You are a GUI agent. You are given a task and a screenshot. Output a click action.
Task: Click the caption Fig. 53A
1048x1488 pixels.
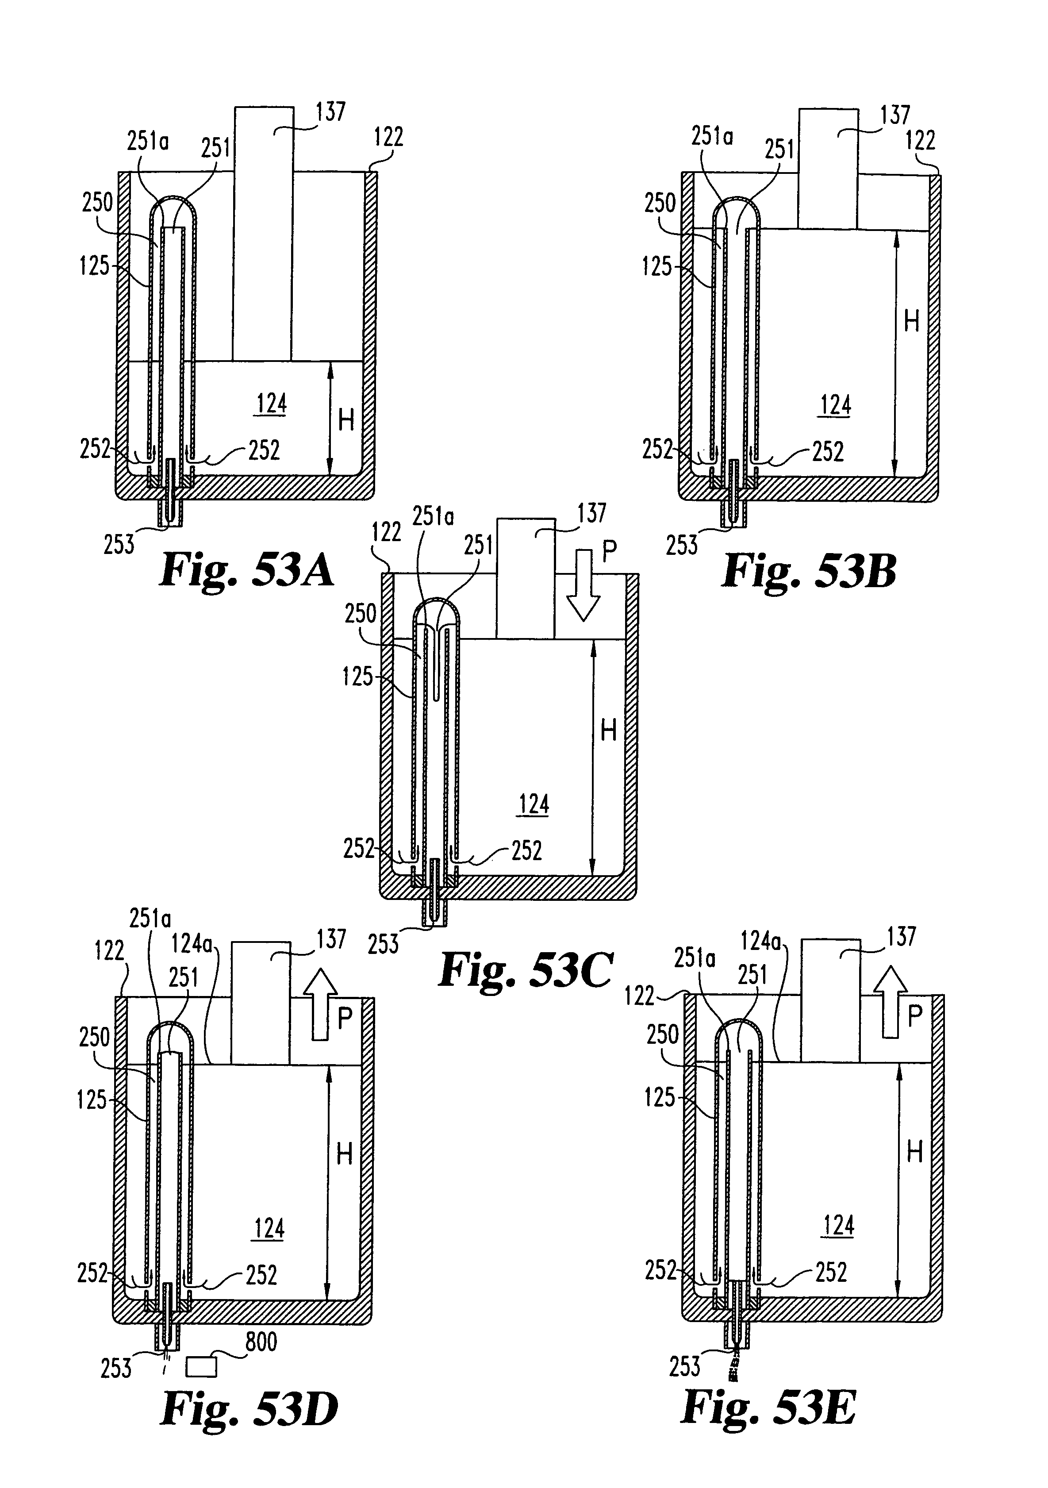click(x=246, y=571)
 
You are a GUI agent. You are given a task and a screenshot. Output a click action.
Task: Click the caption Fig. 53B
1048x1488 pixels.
click(x=809, y=572)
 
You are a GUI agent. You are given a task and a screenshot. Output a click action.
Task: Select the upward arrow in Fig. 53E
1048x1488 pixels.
click(x=891, y=1002)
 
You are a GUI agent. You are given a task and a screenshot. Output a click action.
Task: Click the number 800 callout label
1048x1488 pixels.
click(x=261, y=1342)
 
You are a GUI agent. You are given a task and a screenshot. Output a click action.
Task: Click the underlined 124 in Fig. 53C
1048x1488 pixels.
click(x=534, y=804)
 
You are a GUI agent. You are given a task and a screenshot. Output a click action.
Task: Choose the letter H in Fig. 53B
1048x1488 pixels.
click(x=911, y=321)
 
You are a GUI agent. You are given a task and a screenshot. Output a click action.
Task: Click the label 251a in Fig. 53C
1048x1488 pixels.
click(x=434, y=517)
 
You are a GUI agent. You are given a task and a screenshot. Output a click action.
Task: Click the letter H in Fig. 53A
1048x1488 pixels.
click(x=346, y=421)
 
